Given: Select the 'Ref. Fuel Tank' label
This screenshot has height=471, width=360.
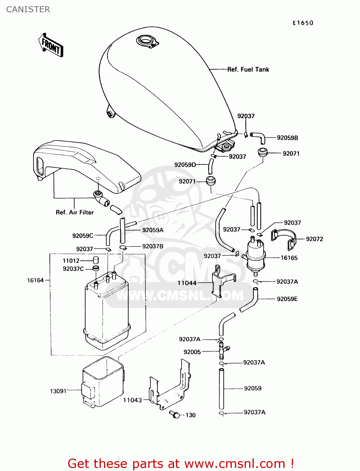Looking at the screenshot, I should coord(248,69).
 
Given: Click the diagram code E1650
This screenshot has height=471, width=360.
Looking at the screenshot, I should coord(303,23).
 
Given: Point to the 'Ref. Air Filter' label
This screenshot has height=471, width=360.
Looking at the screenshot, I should coord(75,212).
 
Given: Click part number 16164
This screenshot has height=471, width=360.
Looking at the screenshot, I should coord(35,280).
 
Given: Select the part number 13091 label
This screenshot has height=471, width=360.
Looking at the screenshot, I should coord(58,391).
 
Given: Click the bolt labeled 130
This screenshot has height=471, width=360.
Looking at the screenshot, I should coord(174,414).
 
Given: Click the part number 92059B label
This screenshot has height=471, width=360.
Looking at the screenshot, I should coord(287,138).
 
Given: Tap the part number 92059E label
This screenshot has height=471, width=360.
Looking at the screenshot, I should coord(287,299).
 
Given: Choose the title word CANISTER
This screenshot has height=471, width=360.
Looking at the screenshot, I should coord(28,9).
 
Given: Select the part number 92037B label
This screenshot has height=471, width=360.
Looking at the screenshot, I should coord(153,246).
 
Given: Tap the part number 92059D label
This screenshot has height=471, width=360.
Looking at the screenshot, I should coord(185,165).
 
